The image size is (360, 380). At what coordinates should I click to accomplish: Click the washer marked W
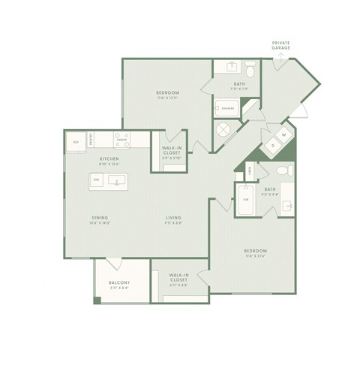(283, 135)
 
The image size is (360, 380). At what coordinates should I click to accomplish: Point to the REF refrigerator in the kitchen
(76, 140)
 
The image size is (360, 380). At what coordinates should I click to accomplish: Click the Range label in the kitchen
(121, 140)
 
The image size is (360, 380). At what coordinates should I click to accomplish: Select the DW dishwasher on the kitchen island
(97, 180)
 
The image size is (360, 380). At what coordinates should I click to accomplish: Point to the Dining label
(100, 219)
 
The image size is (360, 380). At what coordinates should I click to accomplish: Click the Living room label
(174, 219)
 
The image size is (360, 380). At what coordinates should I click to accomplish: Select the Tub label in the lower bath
(244, 200)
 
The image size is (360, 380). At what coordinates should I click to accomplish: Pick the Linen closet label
(250, 172)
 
